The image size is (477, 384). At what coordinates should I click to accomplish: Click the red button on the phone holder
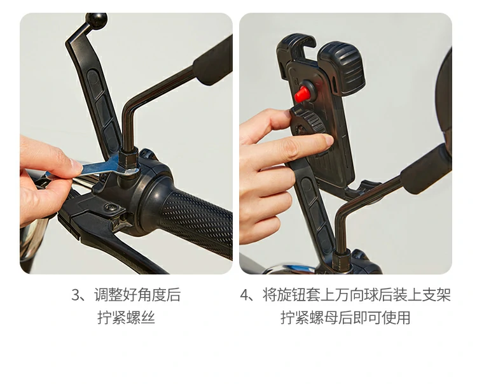(301, 94)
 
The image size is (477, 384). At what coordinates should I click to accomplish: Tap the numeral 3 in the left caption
(76, 295)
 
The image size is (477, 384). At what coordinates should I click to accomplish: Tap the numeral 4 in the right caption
(245, 295)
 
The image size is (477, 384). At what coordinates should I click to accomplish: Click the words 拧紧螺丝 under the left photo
(127, 317)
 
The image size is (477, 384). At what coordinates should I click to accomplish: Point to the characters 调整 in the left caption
(108, 295)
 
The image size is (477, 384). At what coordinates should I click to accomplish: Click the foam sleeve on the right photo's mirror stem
(426, 169)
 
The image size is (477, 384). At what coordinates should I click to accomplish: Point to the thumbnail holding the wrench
(76, 167)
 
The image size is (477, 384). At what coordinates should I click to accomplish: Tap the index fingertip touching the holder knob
(327, 141)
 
